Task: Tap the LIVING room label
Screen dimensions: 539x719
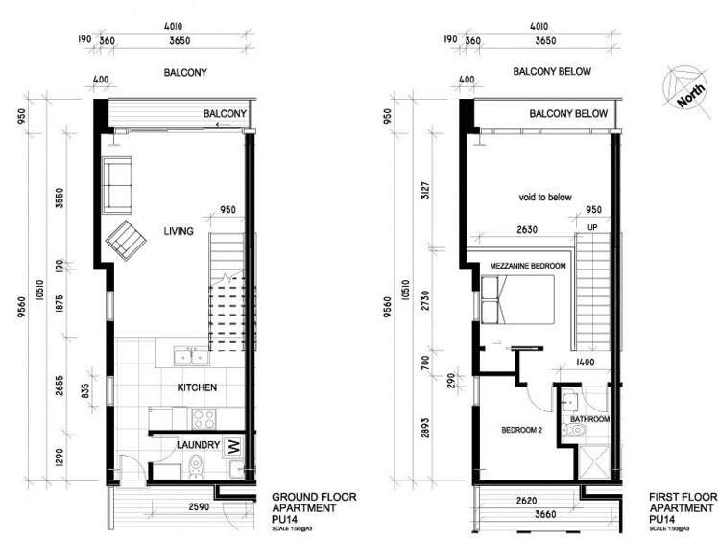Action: coord(179,231)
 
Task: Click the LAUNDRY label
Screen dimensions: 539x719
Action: coord(198,445)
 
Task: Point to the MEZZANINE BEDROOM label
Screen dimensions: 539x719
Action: coord(528,266)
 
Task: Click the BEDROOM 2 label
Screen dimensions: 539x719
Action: coord(522,430)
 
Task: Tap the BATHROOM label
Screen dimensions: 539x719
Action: coord(589,419)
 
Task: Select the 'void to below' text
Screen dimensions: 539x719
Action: coord(544,198)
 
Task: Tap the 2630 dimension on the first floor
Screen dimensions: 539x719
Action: coord(527,231)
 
